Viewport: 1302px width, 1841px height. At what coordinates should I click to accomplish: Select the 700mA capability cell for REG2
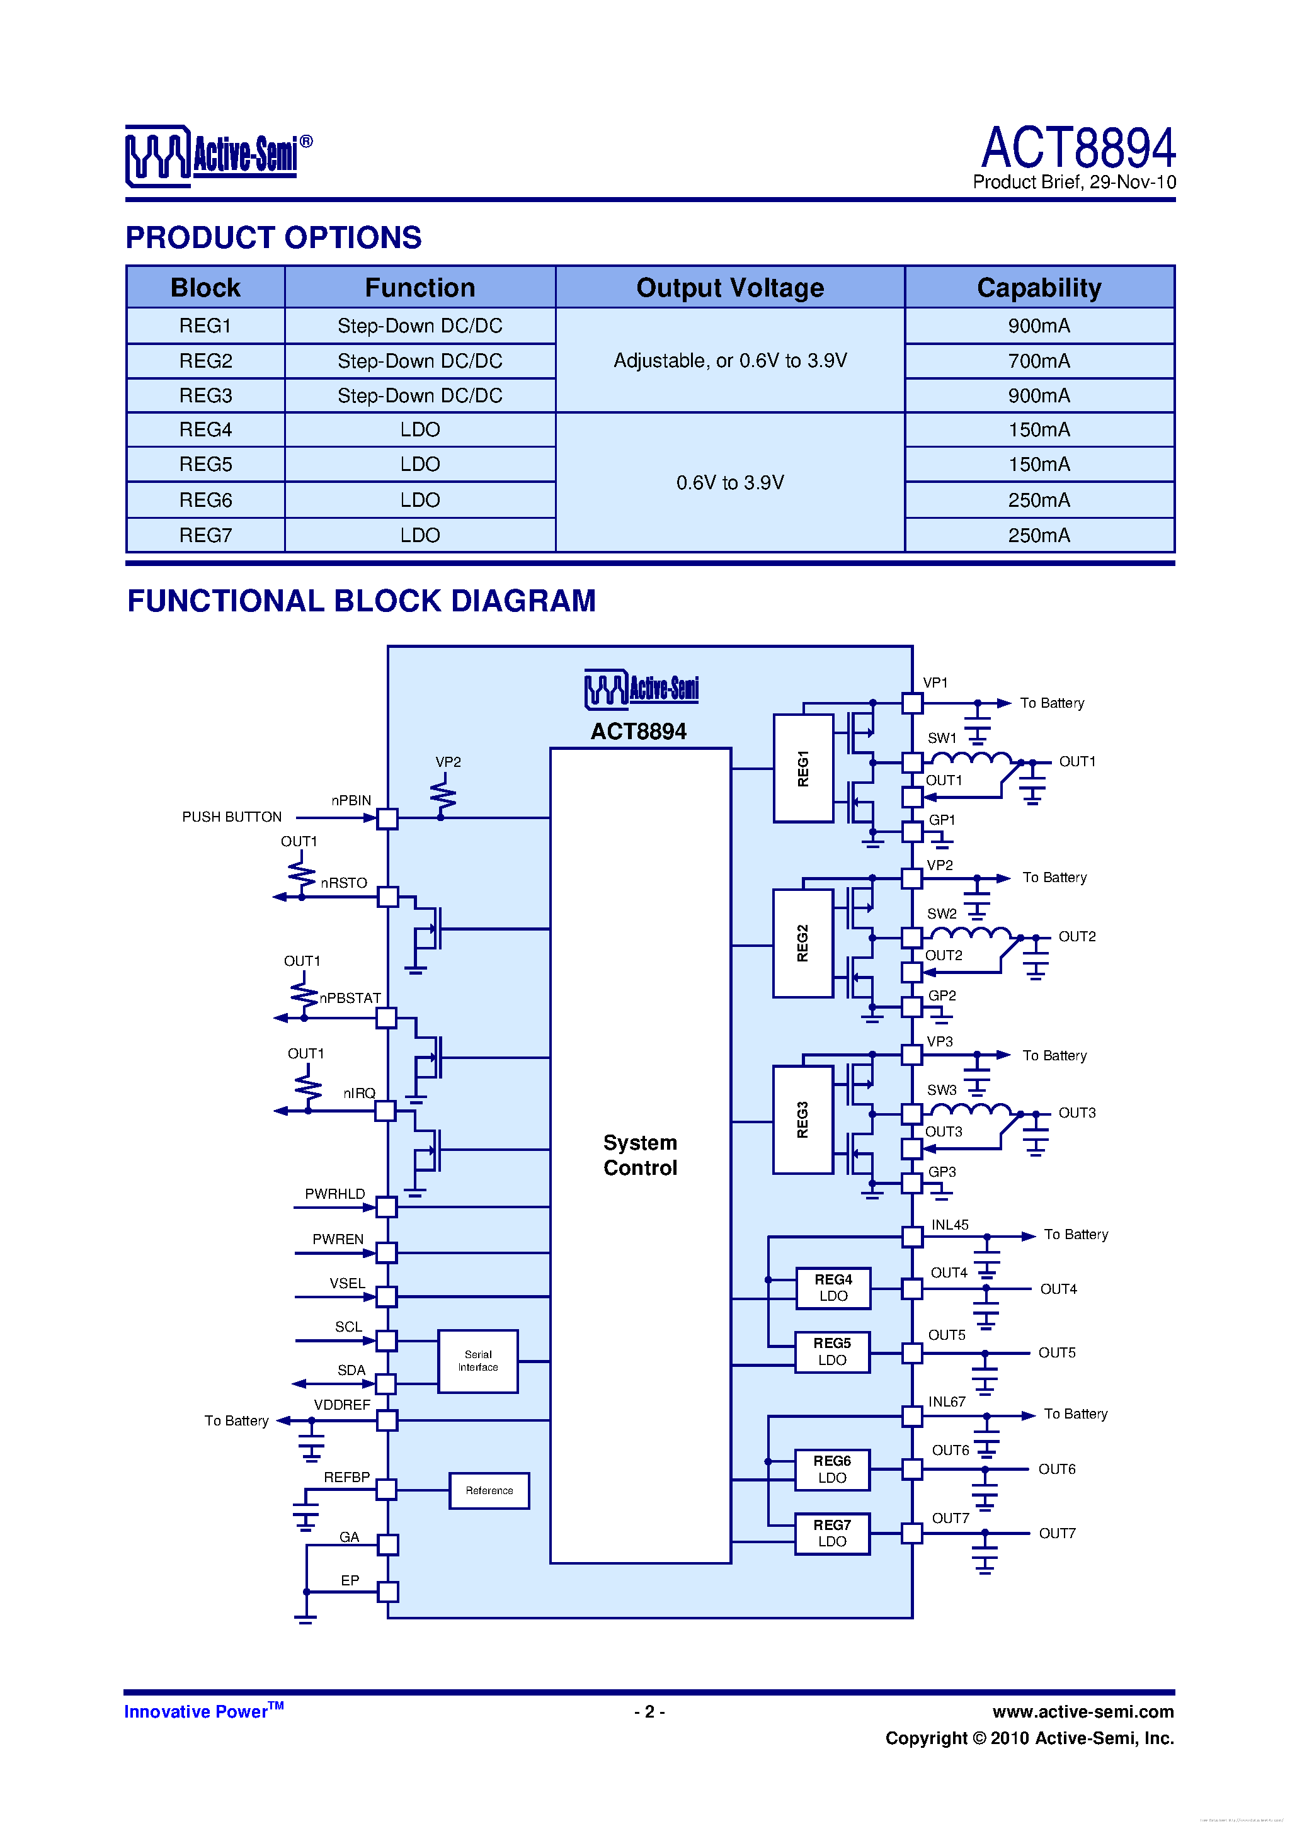click(x=1039, y=361)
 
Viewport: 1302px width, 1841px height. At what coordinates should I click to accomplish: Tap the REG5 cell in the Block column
click(x=205, y=464)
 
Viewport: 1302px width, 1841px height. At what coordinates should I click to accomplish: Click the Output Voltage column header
click(x=729, y=288)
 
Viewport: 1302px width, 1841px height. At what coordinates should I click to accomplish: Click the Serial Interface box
click(x=477, y=1361)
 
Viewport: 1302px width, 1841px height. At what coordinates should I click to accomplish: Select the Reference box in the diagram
click(x=489, y=1490)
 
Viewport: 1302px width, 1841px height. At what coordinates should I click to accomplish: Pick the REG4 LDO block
click(x=833, y=1288)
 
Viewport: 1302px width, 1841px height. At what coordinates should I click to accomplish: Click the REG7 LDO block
click(x=832, y=1533)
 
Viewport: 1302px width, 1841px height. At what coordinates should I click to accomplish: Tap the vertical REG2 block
click(x=802, y=943)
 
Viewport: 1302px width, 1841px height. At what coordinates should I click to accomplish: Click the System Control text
click(x=640, y=1155)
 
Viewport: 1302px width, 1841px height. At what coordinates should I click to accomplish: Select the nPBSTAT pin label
click(x=350, y=999)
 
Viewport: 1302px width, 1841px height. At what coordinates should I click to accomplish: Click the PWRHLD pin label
click(x=334, y=1194)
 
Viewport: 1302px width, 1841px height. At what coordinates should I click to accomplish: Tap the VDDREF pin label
click(x=342, y=1405)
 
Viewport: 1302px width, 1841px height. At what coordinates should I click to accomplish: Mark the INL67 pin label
click(x=947, y=1402)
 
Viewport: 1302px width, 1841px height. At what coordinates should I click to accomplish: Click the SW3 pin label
click(x=942, y=1090)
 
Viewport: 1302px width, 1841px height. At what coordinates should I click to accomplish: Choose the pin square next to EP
click(x=387, y=1592)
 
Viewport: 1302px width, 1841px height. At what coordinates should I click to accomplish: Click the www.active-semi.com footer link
click(x=1082, y=1712)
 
